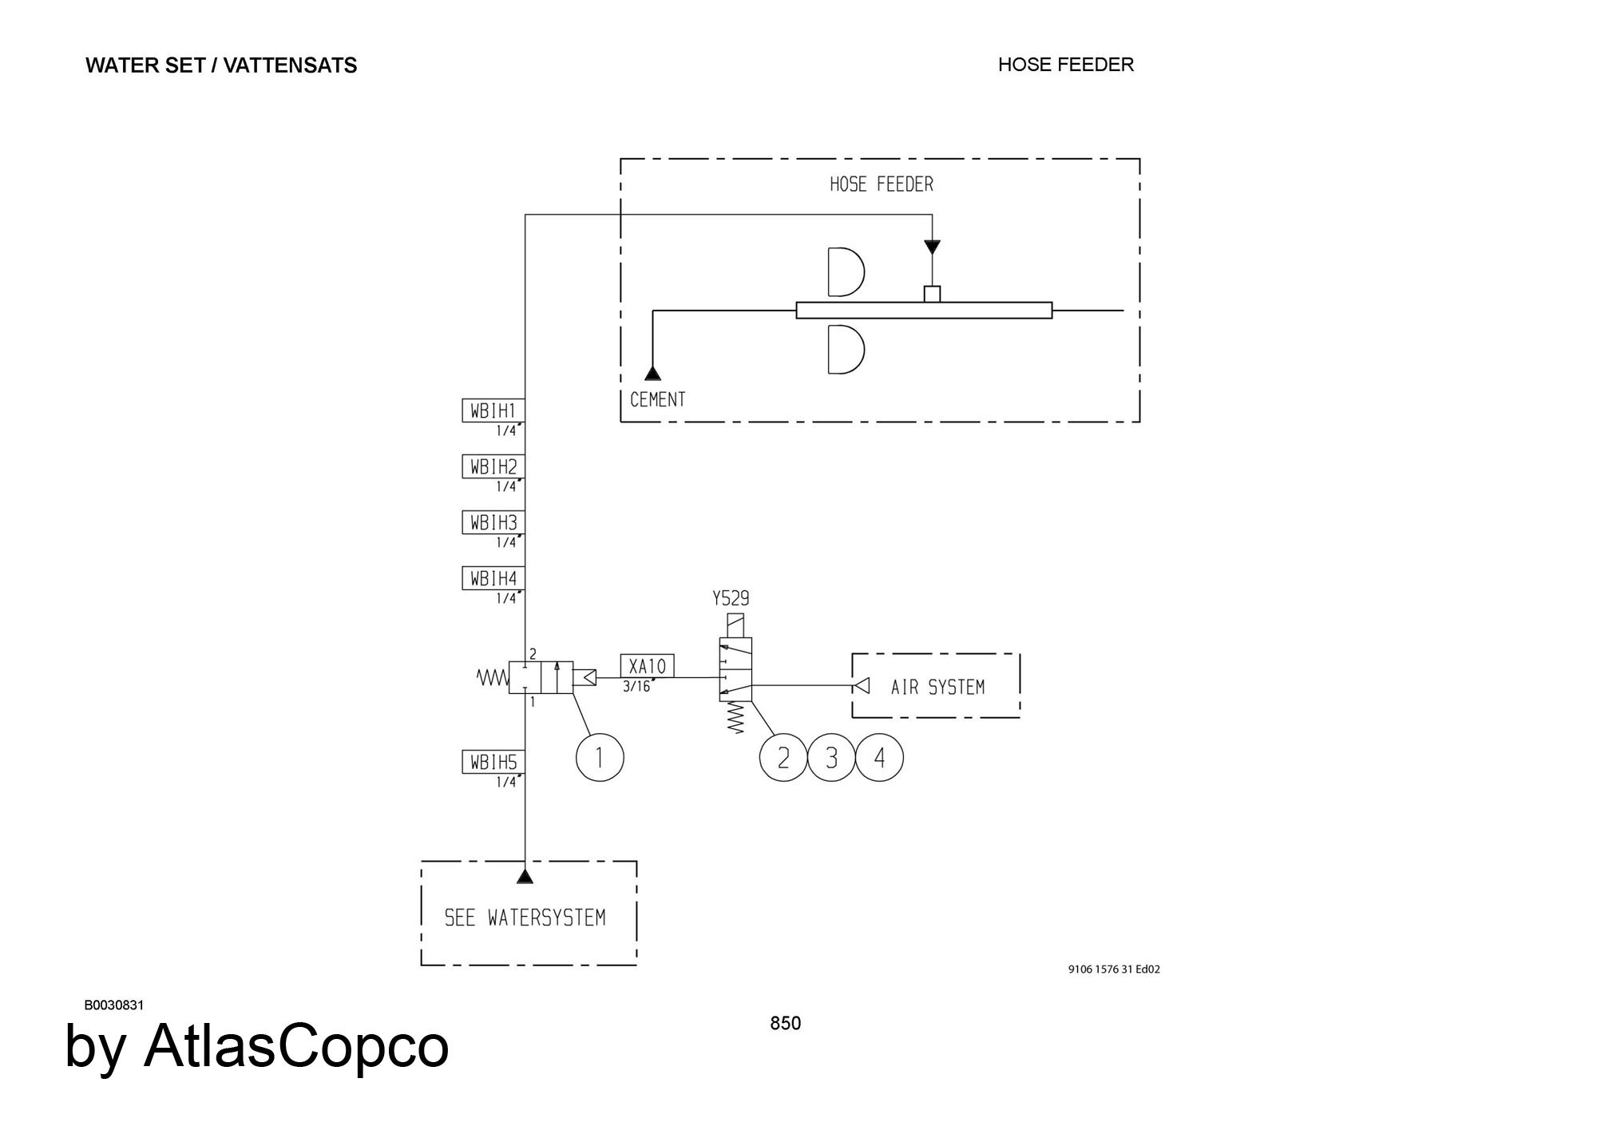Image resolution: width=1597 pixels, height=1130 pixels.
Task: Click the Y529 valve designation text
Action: pyautogui.click(x=731, y=598)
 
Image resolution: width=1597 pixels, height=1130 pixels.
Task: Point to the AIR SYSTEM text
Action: pyautogui.click(x=937, y=687)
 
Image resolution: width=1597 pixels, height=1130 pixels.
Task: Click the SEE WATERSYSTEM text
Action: pyautogui.click(x=525, y=918)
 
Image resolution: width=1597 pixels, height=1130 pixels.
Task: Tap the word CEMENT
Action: pyautogui.click(x=657, y=399)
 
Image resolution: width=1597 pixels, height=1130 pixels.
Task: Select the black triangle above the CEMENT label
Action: pyautogui.click(x=652, y=373)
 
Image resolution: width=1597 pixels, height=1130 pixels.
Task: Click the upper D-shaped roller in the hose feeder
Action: pyautogui.click(x=830, y=272)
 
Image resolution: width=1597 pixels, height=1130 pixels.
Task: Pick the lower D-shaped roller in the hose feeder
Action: pyautogui.click(x=830, y=350)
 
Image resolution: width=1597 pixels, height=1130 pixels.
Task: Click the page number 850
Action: pyautogui.click(x=786, y=1023)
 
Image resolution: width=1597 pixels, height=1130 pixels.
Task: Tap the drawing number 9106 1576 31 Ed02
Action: pyautogui.click(x=1114, y=969)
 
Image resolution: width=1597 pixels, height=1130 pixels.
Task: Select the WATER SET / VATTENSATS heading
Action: pyautogui.click(x=221, y=65)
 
